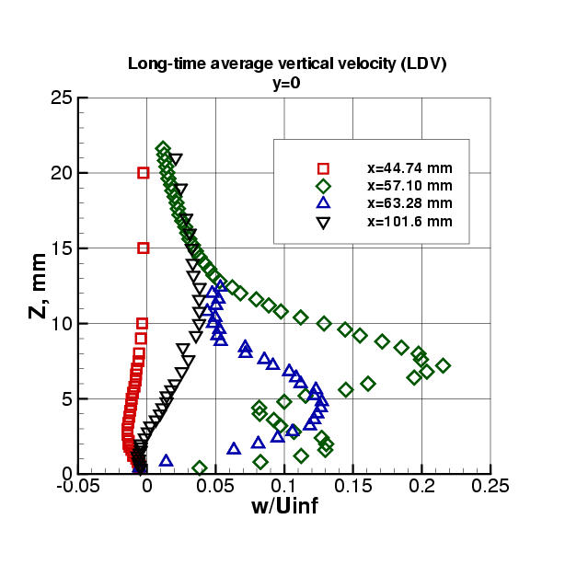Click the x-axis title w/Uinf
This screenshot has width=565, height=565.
coord(284,505)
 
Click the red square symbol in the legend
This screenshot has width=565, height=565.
coord(324,169)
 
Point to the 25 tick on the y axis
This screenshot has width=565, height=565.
coord(58,98)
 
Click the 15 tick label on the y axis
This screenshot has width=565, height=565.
coord(58,248)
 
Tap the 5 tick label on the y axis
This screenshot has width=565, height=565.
coord(63,398)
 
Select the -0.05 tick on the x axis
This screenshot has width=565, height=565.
coord(77,487)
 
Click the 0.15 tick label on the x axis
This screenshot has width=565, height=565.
coord(352,487)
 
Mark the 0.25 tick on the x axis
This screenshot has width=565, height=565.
coord(490,487)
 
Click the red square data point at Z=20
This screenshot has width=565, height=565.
coord(144,173)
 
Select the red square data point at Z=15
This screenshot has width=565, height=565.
coord(144,248)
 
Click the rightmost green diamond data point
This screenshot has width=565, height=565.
coord(444,365)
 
